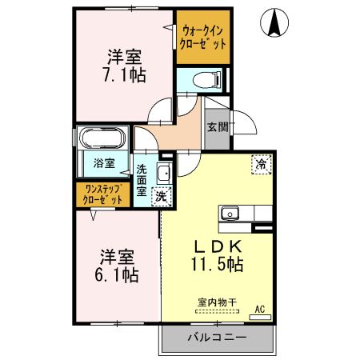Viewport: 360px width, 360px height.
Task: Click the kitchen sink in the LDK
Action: [x=230, y=214]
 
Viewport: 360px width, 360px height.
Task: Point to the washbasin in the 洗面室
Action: [x=163, y=174]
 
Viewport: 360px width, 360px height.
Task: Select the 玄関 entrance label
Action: [x=217, y=126]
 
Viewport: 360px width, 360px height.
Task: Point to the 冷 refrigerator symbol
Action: [x=261, y=163]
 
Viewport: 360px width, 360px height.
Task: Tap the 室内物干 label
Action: [x=218, y=302]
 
